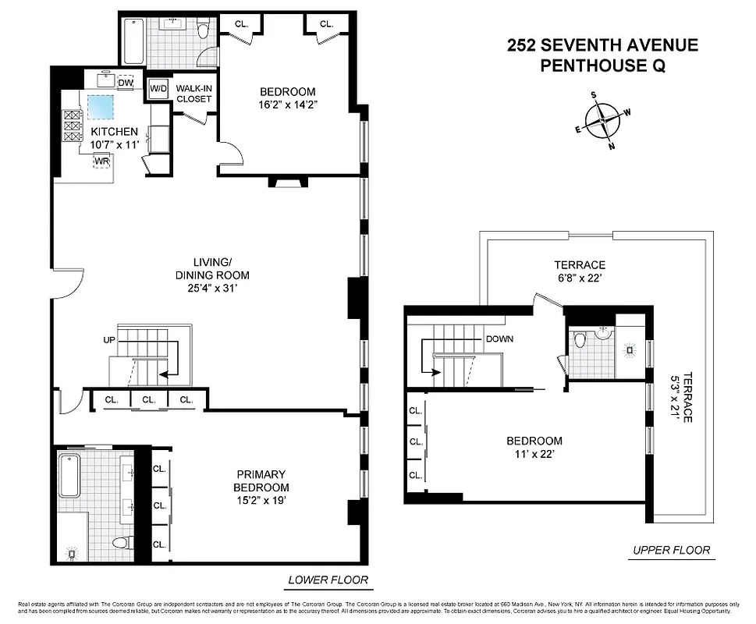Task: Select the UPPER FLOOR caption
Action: [x=670, y=550]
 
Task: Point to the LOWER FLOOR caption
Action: [x=327, y=580]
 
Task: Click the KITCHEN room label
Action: [x=115, y=132]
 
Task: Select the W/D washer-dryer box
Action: [x=158, y=89]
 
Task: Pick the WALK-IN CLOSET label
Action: [x=193, y=94]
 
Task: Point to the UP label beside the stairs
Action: [x=109, y=341]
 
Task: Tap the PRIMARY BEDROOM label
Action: [x=261, y=480]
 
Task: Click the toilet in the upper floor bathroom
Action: [x=580, y=341]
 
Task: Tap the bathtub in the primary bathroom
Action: [x=70, y=477]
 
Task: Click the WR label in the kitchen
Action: [x=101, y=161]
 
